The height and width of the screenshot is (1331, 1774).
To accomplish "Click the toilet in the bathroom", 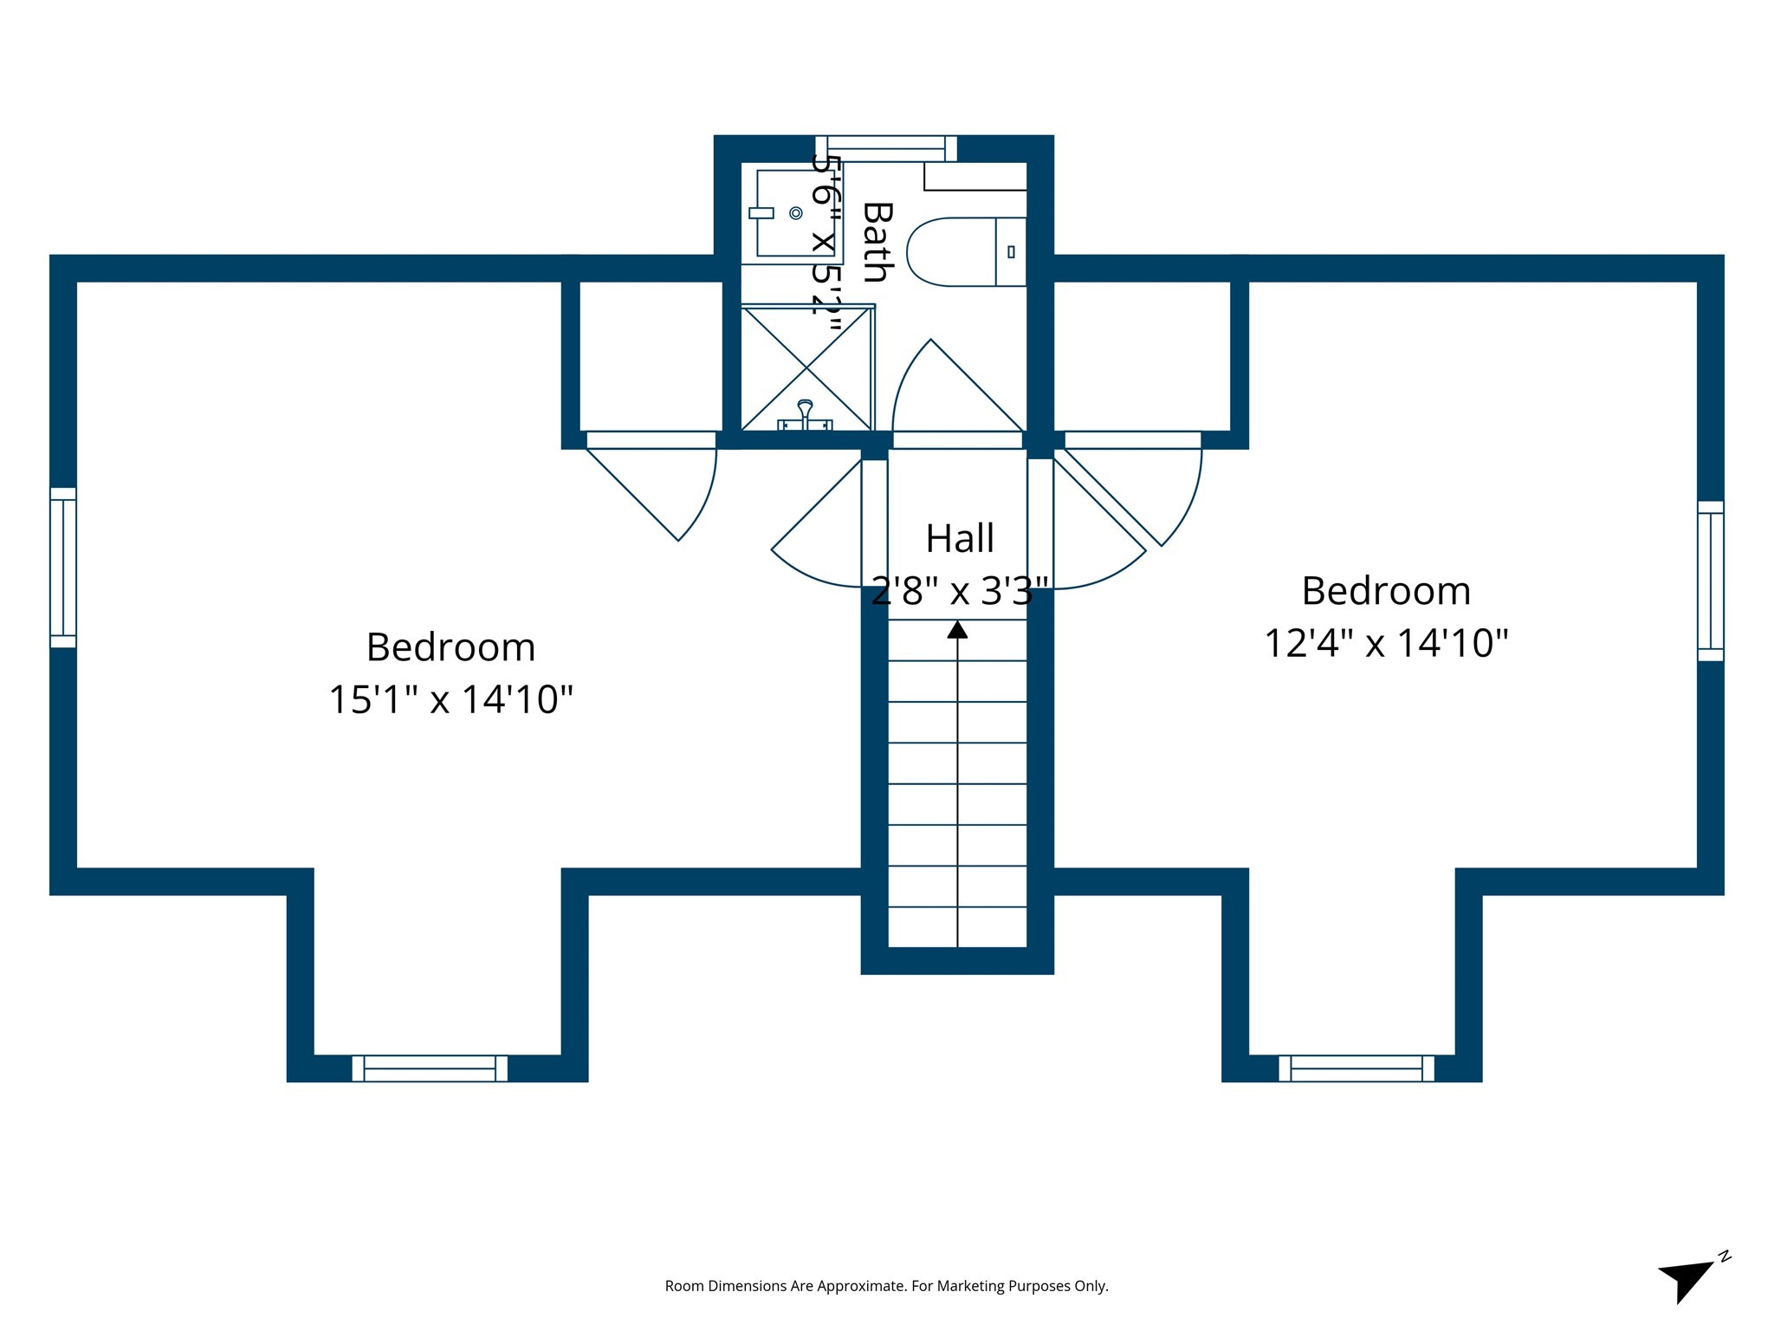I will pyautogui.click(x=965, y=251).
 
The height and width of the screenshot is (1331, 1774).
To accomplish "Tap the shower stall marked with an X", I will pyautogui.click(x=806, y=367).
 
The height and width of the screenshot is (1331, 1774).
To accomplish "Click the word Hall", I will pyautogui.click(x=959, y=538).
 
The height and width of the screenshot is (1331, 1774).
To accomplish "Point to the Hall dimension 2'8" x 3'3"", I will pyautogui.click(x=959, y=592).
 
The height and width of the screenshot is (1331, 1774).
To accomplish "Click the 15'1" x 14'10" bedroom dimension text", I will pyautogui.click(x=450, y=699).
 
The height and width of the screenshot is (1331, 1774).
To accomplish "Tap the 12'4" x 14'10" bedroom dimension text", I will pyautogui.click(x=1386, y=644).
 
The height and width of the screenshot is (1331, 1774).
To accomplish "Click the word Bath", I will pyautogui.click(x=877, y=242).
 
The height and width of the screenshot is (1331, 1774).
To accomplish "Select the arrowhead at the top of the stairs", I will pyautogui.click(x=957, y=629).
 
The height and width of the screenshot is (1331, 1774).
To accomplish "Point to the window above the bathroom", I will pyautogui.click(x=886, y=148).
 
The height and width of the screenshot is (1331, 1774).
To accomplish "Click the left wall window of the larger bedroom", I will pyautogui.click(x=63, y=568).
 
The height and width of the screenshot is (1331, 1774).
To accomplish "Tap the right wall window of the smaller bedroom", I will pyautogui.click(x=1710, y=581).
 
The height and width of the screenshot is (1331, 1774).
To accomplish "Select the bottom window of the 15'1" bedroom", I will pyautogui.click(x=430, y=1068).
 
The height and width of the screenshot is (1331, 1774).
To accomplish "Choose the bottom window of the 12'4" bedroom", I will pyautogui.click(x=1356, y=1068).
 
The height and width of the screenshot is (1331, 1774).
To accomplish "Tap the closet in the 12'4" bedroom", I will pyautogui.click(x=1142, y=355).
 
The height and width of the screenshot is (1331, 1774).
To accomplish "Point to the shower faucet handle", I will pyautogui.click(x=806, y=412).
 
